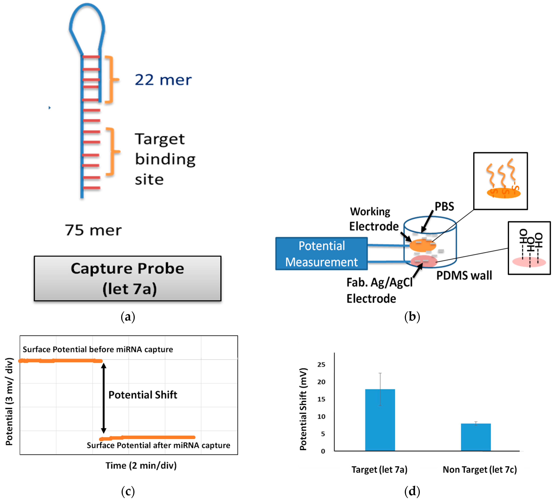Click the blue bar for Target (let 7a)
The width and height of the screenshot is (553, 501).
[x=380, y=420]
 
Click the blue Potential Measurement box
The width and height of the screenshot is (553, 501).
[x=321, y=254]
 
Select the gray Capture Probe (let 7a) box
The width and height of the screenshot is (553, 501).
[x=127, y=278]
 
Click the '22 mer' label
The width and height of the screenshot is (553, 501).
[x=163, y=80]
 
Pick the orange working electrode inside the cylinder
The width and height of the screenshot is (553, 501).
[x=422, y=245]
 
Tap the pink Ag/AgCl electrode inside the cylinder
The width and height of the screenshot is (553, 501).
[x=424, y=261]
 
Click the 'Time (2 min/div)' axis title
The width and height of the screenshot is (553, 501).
[x=141, y=465]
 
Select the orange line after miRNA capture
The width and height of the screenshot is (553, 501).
[x=148, y=437]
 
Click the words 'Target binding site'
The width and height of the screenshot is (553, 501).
[x=165, y=159]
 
